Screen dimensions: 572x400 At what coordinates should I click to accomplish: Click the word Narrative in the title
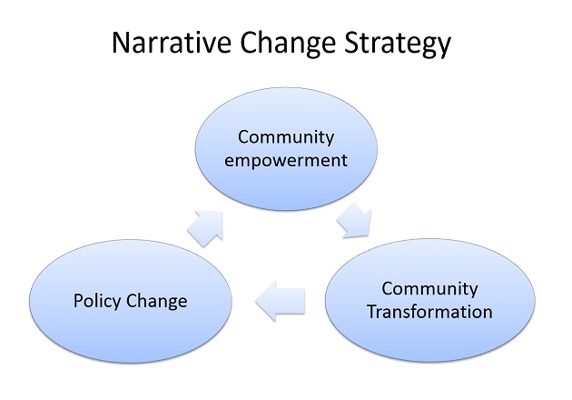172,43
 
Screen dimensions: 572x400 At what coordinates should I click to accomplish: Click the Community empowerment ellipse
286,149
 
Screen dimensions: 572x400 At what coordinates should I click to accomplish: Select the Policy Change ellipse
130,301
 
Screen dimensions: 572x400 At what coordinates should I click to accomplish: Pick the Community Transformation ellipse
429,300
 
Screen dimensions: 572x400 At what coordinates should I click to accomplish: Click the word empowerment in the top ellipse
286,160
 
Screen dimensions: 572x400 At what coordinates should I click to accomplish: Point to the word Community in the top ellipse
286,138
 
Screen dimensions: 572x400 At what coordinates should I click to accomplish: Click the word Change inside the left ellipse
157,302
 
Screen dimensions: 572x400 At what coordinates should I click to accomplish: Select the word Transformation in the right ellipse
429,312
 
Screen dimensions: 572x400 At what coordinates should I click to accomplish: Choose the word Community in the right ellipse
429,289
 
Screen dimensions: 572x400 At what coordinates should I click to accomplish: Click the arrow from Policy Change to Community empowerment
206,227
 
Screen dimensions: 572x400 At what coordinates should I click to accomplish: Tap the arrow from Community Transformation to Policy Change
281,302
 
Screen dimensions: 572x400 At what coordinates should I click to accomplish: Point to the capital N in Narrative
121,43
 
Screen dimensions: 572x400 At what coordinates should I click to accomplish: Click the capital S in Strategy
351,43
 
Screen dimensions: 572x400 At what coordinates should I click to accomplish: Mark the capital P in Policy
78,300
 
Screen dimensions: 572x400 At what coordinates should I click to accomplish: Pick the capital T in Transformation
372,312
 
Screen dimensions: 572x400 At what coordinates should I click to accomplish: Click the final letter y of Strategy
444,47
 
